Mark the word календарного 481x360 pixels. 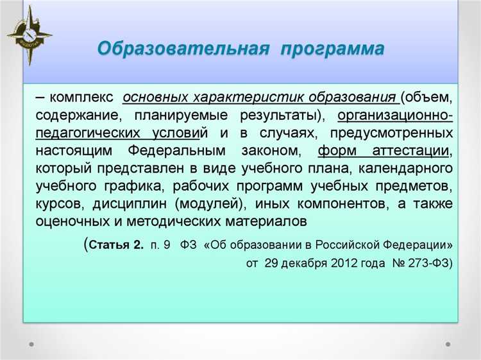coord(406,169)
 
